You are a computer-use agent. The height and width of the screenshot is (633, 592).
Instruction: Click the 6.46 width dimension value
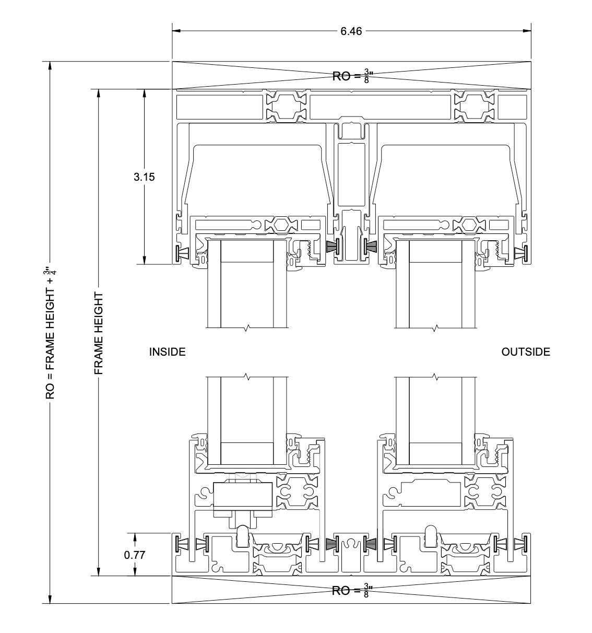pos(351,31)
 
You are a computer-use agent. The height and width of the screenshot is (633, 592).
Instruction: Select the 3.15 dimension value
pos(144,177)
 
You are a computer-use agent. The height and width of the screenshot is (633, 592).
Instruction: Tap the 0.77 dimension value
pos(134,555)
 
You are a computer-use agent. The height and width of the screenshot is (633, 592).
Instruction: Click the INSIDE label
pos(168,352)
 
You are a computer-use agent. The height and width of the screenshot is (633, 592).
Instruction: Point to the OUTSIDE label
pos(526,352)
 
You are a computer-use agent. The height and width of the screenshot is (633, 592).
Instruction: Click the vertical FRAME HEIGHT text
pos(99,333)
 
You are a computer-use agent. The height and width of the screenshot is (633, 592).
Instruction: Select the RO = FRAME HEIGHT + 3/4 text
pos(50,333)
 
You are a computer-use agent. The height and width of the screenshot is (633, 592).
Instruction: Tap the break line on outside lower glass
pos(435,376)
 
